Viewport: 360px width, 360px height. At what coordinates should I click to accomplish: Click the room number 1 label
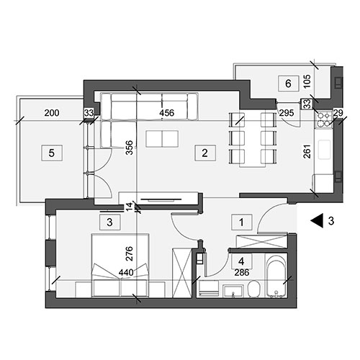[242, 222]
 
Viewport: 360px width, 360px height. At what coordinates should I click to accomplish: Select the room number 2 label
[205, 153]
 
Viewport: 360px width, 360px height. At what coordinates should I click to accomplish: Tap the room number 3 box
[110, 222]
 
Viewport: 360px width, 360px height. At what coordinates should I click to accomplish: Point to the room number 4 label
[242, 261]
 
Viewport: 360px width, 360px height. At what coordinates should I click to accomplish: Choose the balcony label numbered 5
[52, 153]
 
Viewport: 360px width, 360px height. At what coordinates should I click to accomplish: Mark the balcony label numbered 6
[289, 84]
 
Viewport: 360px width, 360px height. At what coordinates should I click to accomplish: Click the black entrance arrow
[316, 221]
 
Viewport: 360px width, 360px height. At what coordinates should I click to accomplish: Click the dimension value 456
[167, 113]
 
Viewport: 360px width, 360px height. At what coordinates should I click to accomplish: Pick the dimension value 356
[129, 148]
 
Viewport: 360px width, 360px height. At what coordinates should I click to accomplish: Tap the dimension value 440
[126, 272]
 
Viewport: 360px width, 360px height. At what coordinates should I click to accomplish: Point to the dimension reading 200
[52, 113]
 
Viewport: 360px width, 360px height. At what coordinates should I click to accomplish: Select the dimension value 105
[307, 81]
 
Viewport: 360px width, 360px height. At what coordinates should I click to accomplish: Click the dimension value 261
[307, 151]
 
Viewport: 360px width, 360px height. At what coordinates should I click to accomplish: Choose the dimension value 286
[242, 273]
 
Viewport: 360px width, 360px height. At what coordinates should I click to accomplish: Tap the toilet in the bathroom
[254, 289]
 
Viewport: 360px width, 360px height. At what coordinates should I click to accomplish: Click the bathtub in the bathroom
[276, 276]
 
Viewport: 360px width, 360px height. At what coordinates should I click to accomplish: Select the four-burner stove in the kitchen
[324, 120]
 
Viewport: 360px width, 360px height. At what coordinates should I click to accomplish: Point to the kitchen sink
[325, 150]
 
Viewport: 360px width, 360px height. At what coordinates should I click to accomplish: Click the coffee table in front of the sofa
[162, 139]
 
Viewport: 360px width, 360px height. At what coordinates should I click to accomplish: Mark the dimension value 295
[287, 113]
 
